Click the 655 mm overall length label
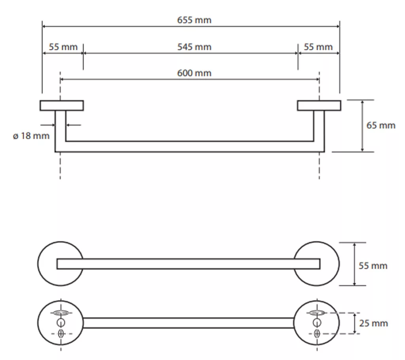click(x=194, y=20)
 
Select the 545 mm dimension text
click(x=194, y=47)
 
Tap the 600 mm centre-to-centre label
click(x=194, y=73)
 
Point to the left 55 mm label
click(x=63, y=47)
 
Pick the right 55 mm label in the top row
click(x=318, y=47)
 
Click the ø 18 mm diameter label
click(x=31, y=136)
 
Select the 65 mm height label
click(x=381, y=125)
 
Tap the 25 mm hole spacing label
click(x=373, y=323)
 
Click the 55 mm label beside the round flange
click(x=373, y=266)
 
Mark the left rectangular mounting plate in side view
click(x=62, y=106)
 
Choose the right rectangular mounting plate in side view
click(x=319, y=106)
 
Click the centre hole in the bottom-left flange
click(x=61, y=322)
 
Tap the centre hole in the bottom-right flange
click(x=317, y=322)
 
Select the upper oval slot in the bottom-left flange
click(x=61, y=313)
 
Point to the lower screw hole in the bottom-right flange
click(x=317, y=333)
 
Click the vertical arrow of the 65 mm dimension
click(x=362, y=126)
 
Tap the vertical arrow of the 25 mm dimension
click(x=355, y=323)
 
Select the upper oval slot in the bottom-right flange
click(x=317, y=313)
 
